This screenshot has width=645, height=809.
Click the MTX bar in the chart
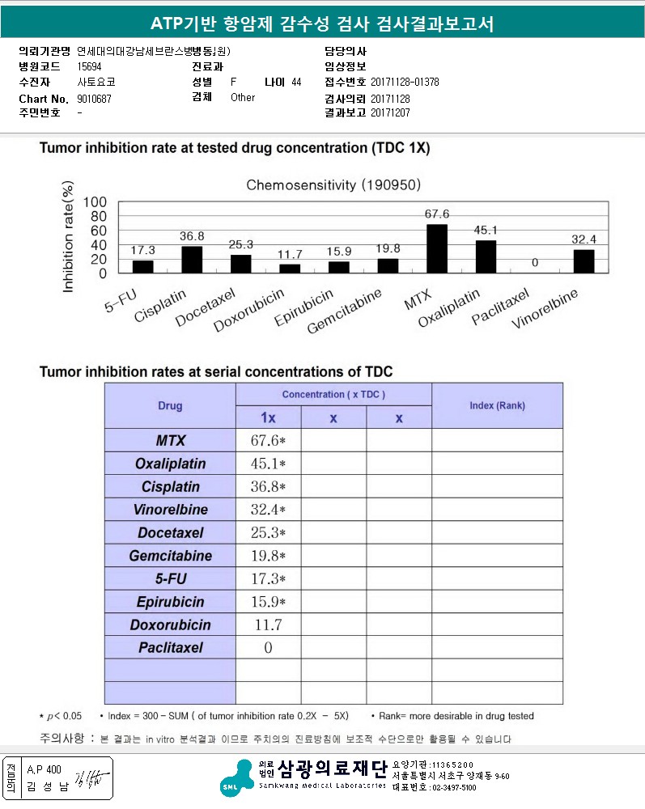[436, 248]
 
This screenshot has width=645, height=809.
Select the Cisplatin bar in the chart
[192, 259]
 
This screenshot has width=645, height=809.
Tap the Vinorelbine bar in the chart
[583, 260]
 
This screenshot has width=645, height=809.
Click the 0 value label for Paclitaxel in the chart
[535, 263]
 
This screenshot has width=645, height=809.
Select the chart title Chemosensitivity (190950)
[333, 184]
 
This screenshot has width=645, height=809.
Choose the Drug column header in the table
[170, 406]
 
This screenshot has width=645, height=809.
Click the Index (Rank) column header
[497, 405]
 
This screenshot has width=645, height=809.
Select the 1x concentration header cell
[268, 418]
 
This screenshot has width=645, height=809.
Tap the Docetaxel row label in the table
[170, 533]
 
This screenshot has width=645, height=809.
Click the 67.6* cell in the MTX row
[268, 441]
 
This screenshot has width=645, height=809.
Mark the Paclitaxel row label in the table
[170, 647]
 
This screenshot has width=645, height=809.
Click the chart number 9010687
[95, 99]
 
